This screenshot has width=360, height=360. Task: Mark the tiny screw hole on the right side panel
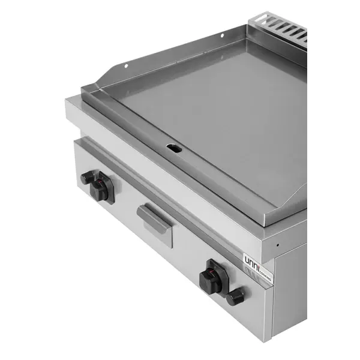point(278,245)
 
